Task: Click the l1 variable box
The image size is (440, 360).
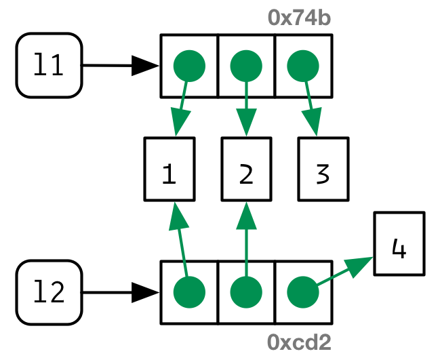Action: [x=49, y=66]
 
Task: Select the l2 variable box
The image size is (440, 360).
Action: [x=49, y=292]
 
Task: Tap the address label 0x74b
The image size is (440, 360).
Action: [x=299, y=18]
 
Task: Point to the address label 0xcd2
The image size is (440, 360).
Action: [x=299, y=342]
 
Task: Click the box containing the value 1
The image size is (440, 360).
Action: [x=169, y=169]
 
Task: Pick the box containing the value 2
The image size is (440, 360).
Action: [x=246, y=169]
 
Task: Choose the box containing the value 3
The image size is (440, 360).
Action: [x=323, y=169]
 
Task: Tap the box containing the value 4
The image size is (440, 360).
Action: [x=399, y=243]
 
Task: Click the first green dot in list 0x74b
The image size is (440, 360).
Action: [x=189, y=66]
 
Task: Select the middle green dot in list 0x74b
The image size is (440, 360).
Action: [x=246, y=66]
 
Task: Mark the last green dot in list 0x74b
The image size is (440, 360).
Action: [x=303, y=66]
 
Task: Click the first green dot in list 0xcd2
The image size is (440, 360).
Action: [x=189, y=293]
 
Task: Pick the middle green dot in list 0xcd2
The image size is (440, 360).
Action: [x=246, y=293]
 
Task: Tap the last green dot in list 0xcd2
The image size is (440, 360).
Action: [x=303, y=293]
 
